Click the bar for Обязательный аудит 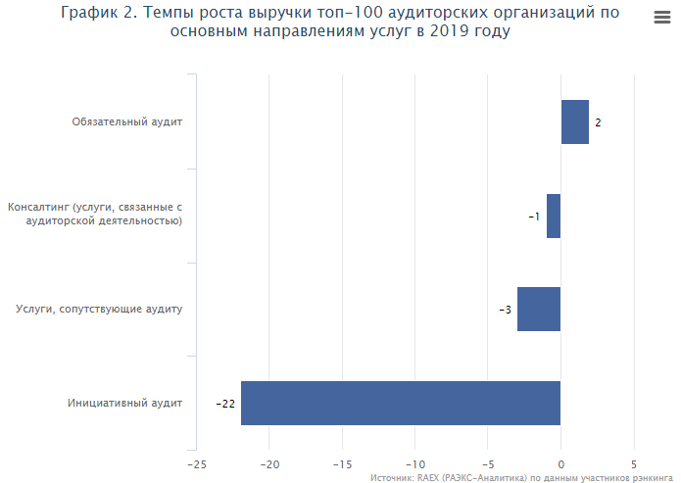click(x=574, y=122)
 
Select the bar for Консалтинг click(x=554, y=216)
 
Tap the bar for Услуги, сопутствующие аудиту click(x=539, y=309)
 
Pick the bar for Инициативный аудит click(x=401, y=403)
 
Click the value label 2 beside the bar click(x=598, y=123)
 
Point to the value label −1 click(x=534, y=217)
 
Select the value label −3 click(x=505, y=310)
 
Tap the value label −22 click(x=225, y=404)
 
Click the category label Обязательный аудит click(x=127, y=122)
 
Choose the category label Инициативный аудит click(x=125, y=403)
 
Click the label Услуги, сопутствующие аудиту click(x=100, y=310)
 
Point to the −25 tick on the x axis click(x=197, y=463)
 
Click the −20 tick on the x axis click(x=269, y=463)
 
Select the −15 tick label click(x=342, y=463)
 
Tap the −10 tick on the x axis click(x=414, y=463)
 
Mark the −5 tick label click(x=487, y=463)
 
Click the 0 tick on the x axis click(x=560, y=463)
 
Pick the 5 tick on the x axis click(x=634, y=463)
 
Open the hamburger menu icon click(x=660, y=18)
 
